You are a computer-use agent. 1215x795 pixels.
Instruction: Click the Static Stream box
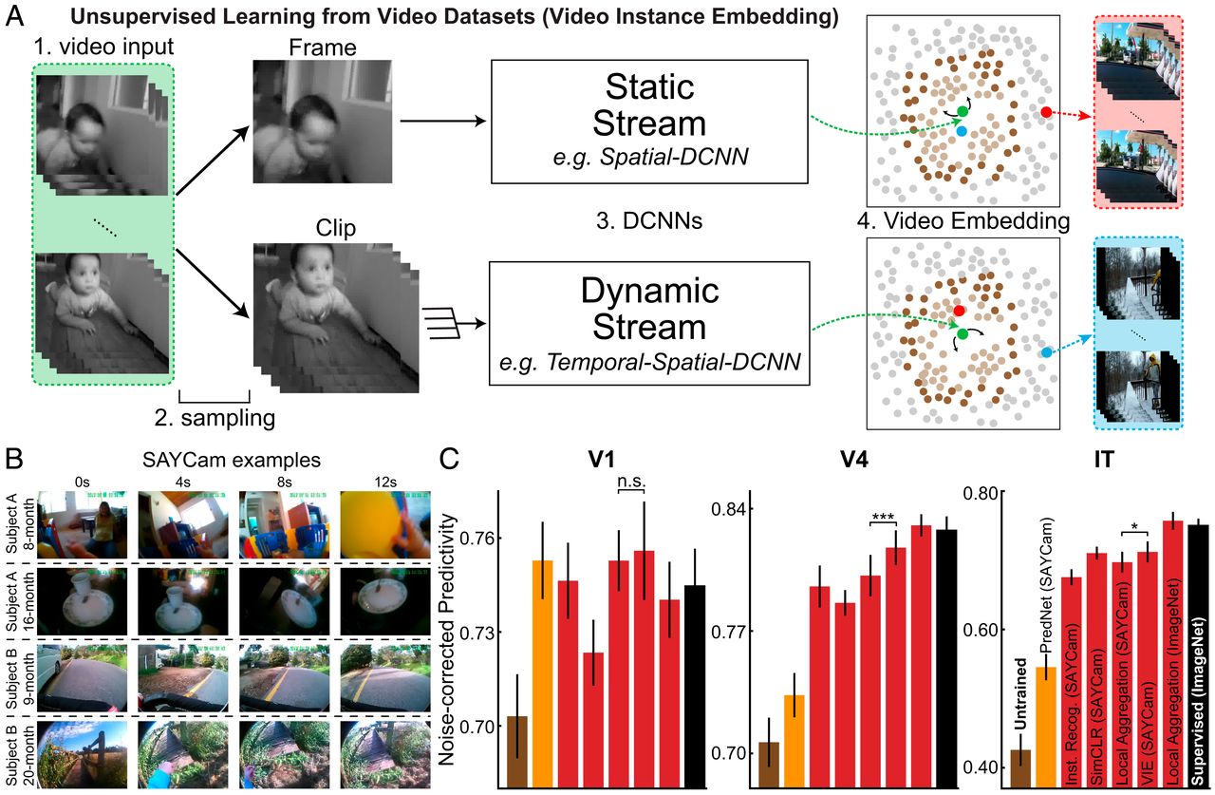click(x=648, y=122)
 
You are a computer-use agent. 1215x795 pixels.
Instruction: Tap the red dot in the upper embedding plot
click(x=1046, y=112)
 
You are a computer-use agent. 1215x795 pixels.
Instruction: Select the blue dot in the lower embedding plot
click(x=1046, y=352)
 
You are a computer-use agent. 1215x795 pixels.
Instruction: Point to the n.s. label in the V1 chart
click(x=630, y=482)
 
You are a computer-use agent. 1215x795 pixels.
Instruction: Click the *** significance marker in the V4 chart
click(x=883, y=514)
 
